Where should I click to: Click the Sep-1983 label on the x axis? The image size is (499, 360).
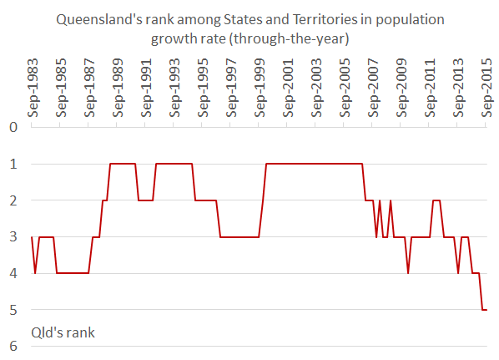click(32, 90)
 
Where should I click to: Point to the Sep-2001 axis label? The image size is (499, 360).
click(287, 90)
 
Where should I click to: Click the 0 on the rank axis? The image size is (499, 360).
click(13, 127)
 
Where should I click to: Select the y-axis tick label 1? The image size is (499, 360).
click(13, 164)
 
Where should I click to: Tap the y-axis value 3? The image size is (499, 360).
click(13, 237)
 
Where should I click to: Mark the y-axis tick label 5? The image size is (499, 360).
click(13, 310)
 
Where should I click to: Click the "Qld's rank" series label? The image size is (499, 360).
click(63, 332)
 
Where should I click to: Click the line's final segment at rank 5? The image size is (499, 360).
click(485, 310)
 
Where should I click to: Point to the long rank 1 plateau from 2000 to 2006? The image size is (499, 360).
click(313, 164)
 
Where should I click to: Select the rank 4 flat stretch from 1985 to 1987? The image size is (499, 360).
click(73, 273)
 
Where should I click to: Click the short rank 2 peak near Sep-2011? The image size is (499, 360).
click(436, 200)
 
